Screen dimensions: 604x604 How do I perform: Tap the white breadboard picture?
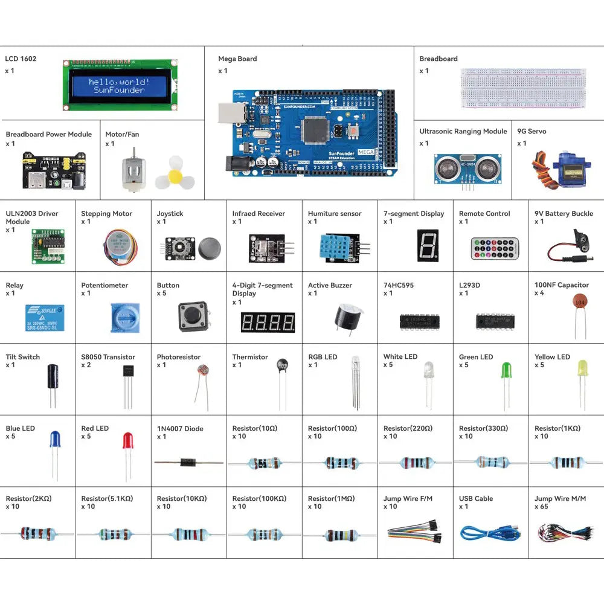point(522,88)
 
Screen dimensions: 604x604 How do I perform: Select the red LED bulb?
point(127,440)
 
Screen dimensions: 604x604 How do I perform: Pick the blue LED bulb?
point(54,439)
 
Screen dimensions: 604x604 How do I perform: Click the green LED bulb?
point(506,370)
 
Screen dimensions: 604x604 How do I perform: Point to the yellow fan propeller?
point(174,174)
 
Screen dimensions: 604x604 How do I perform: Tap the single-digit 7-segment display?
point(427,245)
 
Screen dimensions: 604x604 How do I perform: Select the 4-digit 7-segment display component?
point(268,322)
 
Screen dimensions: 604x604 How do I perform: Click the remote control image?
point(495,248)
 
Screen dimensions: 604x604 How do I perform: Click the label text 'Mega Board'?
point(237,59)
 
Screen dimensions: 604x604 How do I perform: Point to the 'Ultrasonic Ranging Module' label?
point(463,132)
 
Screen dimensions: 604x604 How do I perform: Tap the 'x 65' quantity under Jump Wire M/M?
point(541,507)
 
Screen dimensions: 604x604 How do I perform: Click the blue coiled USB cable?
point(489,533)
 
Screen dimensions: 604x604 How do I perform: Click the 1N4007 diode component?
point(188,463)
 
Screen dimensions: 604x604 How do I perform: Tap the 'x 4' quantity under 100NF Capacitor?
point(539,294)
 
